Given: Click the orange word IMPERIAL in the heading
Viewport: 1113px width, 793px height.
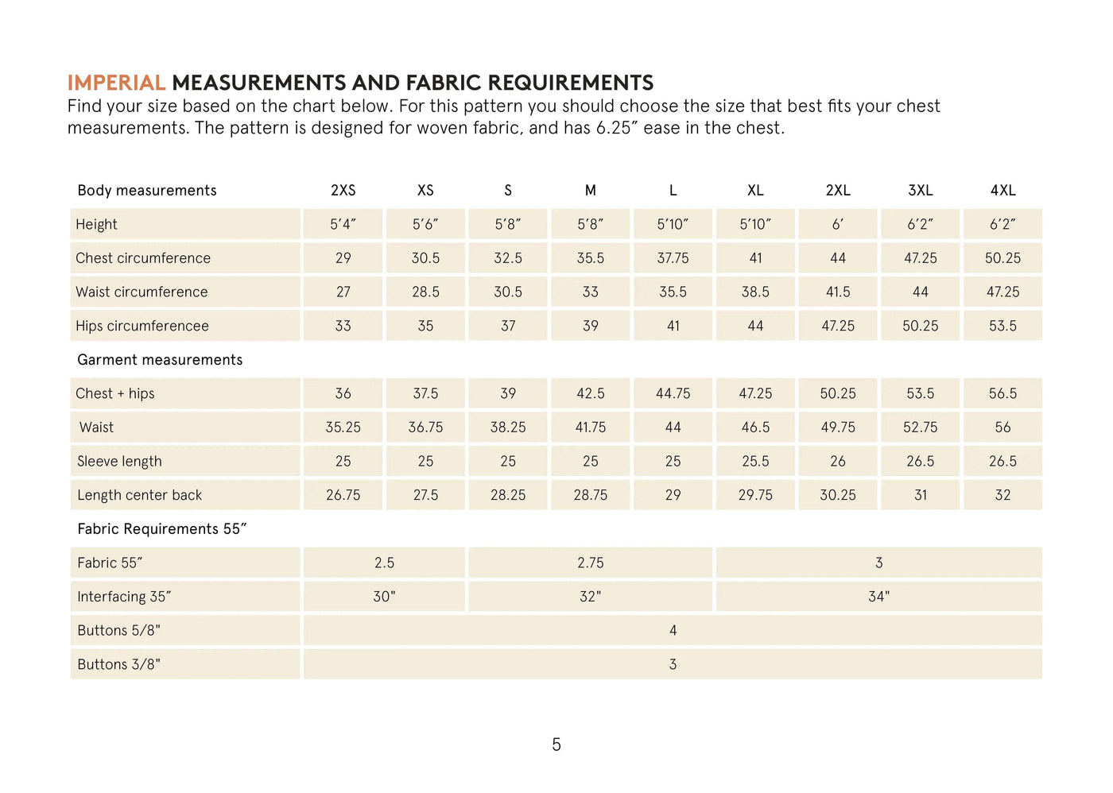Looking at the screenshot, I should pos(116,83).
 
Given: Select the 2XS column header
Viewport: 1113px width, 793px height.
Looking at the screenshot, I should pos(343,191).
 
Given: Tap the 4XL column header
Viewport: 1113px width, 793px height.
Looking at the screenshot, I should pos(1002,191).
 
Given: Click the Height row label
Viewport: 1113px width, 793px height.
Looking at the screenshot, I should pos(96,225).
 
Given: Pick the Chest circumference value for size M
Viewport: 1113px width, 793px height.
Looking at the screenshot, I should pos(591,258).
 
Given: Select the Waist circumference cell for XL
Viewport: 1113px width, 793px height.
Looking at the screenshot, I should pos(755,292).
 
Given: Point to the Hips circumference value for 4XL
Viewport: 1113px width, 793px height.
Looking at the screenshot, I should pos(1002,326).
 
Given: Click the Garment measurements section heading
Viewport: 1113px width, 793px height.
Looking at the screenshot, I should pos(160,360).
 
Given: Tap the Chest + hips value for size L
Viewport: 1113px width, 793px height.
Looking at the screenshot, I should pos(673,394).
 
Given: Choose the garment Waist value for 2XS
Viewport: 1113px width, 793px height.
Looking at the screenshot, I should pos(343,427).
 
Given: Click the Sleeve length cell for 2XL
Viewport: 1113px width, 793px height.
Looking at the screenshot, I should pos(838,462).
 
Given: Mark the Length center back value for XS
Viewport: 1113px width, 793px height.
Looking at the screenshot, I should pos(425,495).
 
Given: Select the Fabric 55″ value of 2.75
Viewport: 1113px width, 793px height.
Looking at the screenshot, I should pos(591,563).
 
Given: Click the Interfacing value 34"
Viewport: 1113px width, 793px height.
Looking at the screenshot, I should pos(878,597).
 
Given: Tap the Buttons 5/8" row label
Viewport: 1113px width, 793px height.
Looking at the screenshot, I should pos(118,631).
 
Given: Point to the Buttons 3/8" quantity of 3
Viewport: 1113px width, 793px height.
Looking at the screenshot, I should pos(673,664).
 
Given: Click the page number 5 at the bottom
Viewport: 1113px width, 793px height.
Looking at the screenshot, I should pos(556,745).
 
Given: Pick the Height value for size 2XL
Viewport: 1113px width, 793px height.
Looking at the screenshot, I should pos(838,225).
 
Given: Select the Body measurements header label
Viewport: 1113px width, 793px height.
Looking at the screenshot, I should pos(147,191).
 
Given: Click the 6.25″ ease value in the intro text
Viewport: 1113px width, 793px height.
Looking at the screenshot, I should pos(618,128).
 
